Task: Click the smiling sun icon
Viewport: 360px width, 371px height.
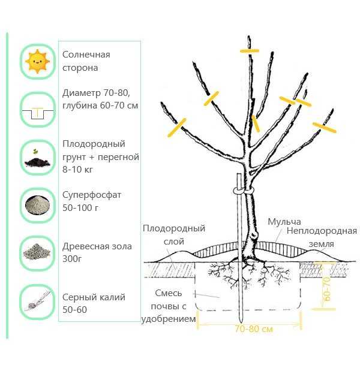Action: pyautogui.click(x=37, y=62)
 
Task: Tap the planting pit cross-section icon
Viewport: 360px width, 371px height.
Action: pyautogui.click(x=38, y=113)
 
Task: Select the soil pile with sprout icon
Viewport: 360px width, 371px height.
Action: pyautogui.click(x=37, y=159)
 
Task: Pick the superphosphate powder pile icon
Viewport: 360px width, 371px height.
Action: pyautogui.click(x=37, y=205)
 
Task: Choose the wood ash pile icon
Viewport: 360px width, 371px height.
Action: pyautogui.click(x=37, y=252)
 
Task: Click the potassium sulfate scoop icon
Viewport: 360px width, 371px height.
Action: pyautogui.click(x=38, y=301)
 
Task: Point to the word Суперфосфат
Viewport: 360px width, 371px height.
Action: pyautogui.click(x=92, y=195)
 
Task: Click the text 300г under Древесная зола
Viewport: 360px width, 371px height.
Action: pyautogui.click(x=72, y=259)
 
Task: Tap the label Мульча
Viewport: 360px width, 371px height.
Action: pyautogui.click(x=284, y=222)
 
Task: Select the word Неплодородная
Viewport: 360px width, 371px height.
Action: pyautogui.click(x=322, y=231)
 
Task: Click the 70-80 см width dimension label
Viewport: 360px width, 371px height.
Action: pyautogui.click(x=254, y=328)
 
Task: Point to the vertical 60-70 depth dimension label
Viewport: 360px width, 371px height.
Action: pyautogui.click(x=326, y=289)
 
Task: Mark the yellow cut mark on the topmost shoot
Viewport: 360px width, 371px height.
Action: pyautogui.click(x=250, y=50)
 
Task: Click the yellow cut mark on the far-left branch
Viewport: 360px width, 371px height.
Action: pyautogui.click(x=177, y=128)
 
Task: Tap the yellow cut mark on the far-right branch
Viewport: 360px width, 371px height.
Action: pyautogui.click(x=324, y=128)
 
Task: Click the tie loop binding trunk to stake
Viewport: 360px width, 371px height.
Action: pyautogui.click(x=243, y=191)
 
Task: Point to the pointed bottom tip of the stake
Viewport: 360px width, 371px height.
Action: pyautogui.click(x=241, y=322)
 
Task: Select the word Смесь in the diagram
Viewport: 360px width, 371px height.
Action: pyautogui.click(x=169, y=293)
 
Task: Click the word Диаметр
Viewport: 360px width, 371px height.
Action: pyautogui.click(x=81, y=93)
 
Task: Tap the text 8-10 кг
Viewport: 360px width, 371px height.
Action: pyautogui.click(x=77, y=170)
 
